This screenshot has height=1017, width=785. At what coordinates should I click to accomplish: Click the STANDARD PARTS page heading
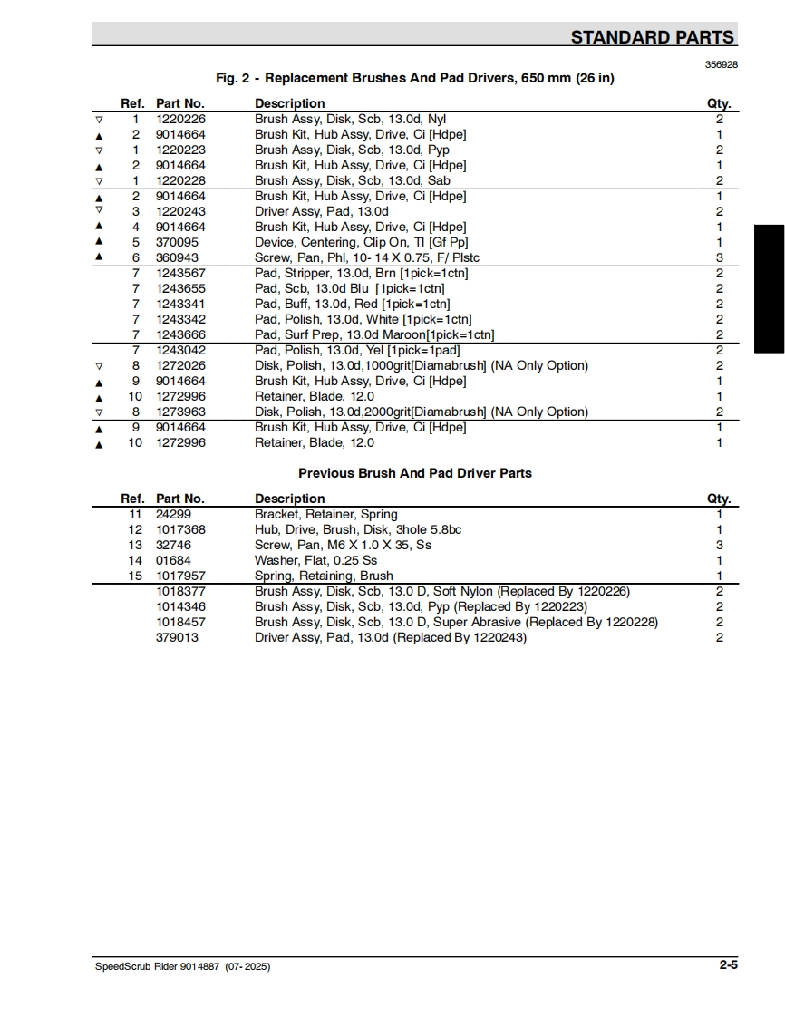tap(652, 37)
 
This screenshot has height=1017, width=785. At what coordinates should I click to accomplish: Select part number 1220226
tap(180, 119)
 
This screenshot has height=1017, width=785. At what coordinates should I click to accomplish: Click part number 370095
tap(177, 242)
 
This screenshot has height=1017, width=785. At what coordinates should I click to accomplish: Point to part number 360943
tap(177, 257)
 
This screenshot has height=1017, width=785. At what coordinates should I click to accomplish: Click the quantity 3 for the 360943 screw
tap(719, 257)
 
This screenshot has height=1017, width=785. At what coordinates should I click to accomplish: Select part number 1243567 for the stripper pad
tap(180, 273)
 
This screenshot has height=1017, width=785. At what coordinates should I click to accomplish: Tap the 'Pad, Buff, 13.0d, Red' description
tap(352, 304)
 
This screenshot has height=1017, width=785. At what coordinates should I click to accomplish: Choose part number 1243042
tap(180, 350)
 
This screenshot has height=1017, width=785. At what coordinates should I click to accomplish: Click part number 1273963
tap(180, 412)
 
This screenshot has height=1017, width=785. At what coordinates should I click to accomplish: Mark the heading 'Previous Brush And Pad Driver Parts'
tap(415, 473)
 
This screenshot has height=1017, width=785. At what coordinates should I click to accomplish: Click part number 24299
tap(173, 514)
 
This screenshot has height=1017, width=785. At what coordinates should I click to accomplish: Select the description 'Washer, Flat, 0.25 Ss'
tap(315, 560)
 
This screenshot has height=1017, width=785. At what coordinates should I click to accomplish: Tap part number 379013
tap(177, 637)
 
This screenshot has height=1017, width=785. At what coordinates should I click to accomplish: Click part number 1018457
tap(180, 622)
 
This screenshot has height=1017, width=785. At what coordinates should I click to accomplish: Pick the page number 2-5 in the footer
tap(729, 965)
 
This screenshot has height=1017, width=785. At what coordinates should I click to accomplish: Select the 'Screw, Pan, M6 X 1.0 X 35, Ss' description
tap(343, 545)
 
